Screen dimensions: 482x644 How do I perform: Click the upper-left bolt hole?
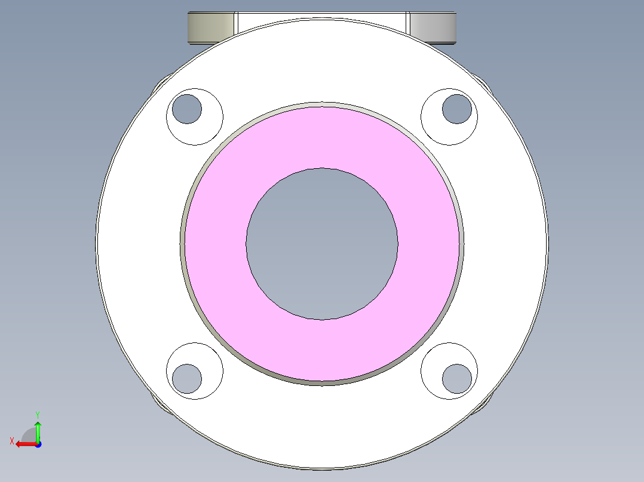187,109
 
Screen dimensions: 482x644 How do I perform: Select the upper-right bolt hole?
457,109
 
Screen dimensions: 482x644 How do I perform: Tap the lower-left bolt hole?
187,378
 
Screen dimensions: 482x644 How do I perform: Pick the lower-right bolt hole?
457,378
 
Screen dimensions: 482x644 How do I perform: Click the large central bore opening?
322,243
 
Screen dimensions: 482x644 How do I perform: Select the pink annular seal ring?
215,243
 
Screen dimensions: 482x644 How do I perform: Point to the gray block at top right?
435,27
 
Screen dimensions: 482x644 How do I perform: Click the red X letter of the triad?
11,441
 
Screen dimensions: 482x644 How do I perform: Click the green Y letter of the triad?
37,414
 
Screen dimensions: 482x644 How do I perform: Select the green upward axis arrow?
38,430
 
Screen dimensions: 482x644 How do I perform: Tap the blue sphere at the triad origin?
38,444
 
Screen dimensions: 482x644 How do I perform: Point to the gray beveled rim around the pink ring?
182,243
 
